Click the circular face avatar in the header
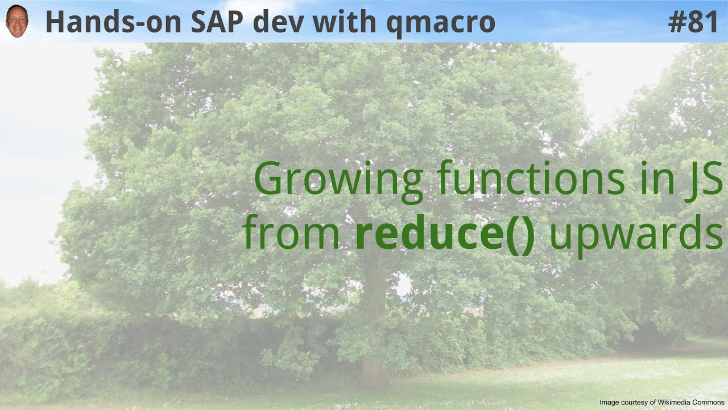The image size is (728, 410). pyautogui.click(x=17, y=21)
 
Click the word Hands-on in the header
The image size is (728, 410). pyautogui.click(x=113, y=22)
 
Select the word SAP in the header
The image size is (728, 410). pyautogui.click(x=217, y=22)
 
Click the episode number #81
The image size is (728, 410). pyautogui.click(x=693, y=22)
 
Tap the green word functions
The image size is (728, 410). pyautogui.click(x=531, y=178)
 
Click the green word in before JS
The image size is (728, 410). pyautogui.click(x=656, y=179)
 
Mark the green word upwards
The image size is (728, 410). pyautogui.click(x=636, y=236)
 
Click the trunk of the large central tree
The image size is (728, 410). pyautogui.click(x=373, y=325)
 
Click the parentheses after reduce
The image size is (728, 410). pyautogui.click(x=519, y=235)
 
